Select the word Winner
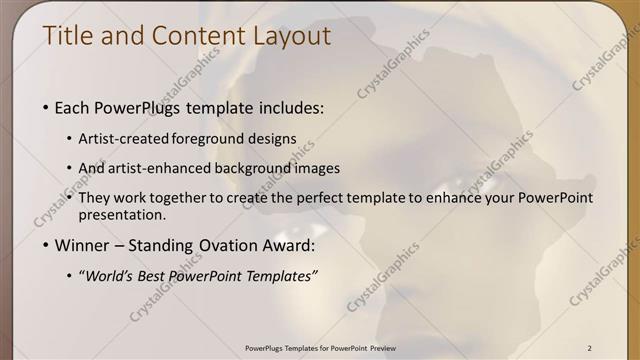tap(80, 246)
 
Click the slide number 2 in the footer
tap(590, 347)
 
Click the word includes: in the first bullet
tap(290, 107)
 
